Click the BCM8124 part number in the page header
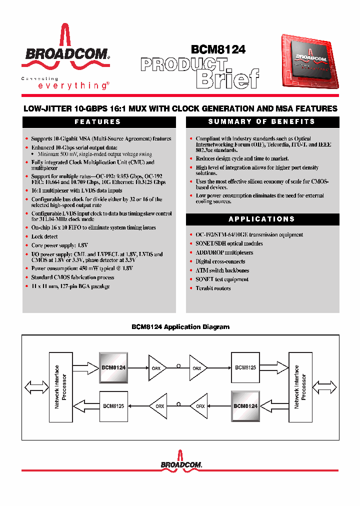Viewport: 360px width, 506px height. [218, 49]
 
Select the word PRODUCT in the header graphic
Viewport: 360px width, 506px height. [183, 64]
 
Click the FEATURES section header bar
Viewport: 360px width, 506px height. [97, 122]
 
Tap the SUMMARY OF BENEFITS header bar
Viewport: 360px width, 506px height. [261, 122]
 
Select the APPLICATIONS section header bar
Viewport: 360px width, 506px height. [261, 219]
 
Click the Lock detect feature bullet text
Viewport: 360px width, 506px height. [44, 236]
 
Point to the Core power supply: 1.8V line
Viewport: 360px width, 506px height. [59, 245]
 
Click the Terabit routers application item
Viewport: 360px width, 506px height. [213, 288]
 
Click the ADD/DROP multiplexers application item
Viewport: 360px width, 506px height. [224, 252]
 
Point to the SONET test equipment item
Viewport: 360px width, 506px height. [221, 279]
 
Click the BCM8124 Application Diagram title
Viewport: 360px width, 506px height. [180, 327]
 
